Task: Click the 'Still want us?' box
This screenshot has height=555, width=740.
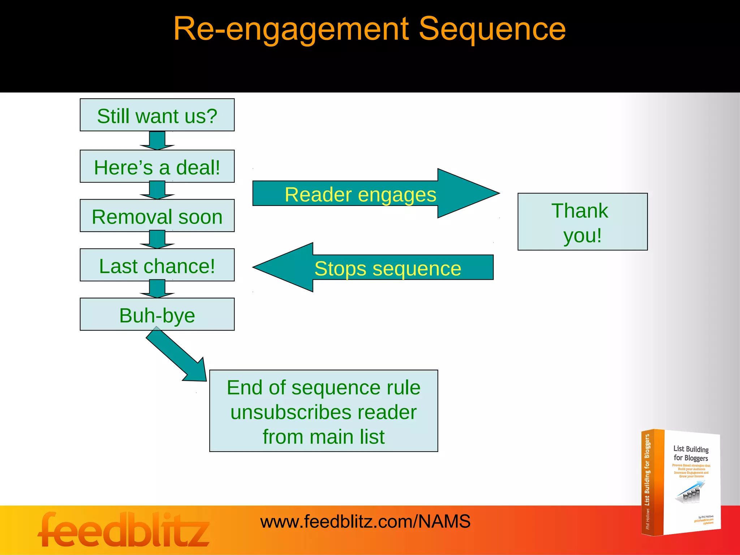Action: click(157, 115)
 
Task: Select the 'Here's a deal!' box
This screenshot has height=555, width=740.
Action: click(157, 166)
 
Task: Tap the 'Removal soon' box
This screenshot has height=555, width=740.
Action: click(157, 216)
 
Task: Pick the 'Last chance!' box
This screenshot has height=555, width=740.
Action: click(157, 265)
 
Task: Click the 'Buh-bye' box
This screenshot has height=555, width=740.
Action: click(157, 314)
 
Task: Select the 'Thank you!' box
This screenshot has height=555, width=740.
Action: click(582, 222)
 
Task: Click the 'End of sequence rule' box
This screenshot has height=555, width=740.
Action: click(323, 388)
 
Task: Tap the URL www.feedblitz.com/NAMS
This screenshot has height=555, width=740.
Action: click(365, 521)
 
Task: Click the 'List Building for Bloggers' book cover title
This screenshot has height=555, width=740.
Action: click(690, 453)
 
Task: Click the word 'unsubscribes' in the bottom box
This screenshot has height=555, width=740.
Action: click(323, 412)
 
